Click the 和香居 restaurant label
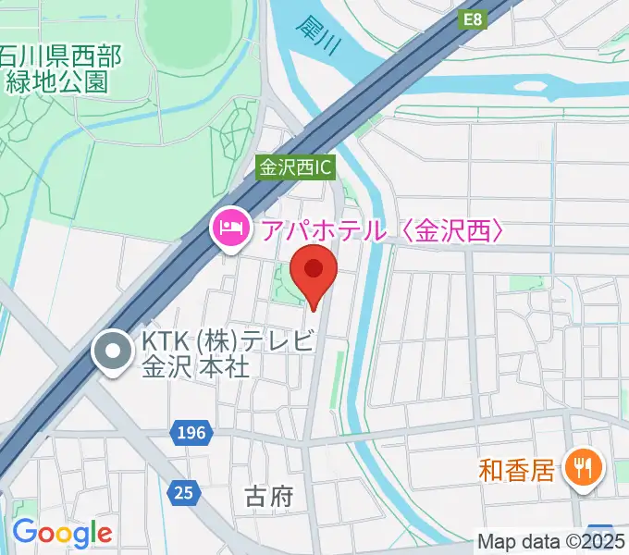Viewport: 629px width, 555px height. pos(516,470)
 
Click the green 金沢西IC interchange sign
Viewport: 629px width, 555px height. pos(295,168)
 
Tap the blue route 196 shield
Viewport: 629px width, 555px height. pos(192,432)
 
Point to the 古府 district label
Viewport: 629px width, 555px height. pos(270,497)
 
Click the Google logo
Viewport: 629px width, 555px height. pos(62,533)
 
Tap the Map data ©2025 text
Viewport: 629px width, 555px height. pos(550,541)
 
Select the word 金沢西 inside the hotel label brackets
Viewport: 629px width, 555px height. pos(453,228)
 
